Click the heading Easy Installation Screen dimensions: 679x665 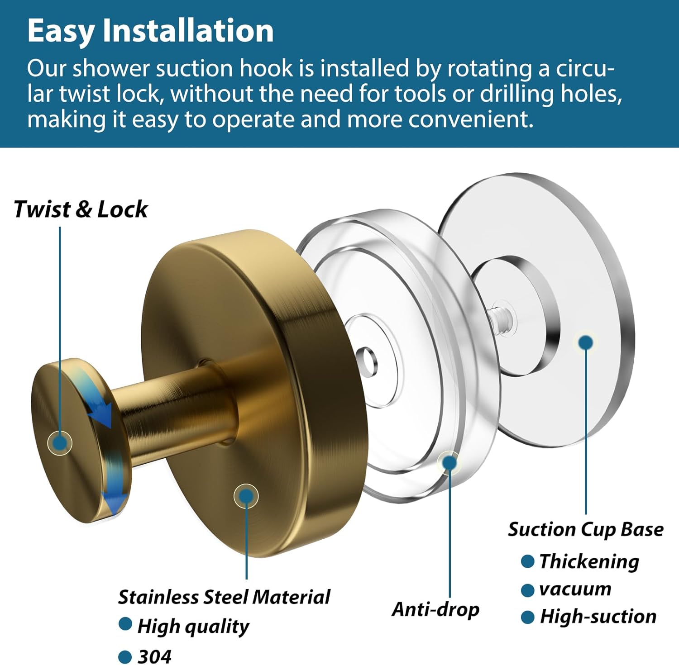tap(150, 31)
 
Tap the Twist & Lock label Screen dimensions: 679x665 tap(81, 209)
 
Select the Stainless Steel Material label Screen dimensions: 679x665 tap(224, 597)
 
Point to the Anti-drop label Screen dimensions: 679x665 tap(435, 609)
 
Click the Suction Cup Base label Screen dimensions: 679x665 tap(586, 529)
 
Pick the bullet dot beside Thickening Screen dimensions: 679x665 tap(527, 561)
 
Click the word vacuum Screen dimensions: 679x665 tap(575, 589)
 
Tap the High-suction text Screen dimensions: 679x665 tap(598, 617)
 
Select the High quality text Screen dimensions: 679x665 tap(193, 627)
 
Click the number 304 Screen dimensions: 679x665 tap(155, 656)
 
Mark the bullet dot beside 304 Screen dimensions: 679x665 tap(125, 656)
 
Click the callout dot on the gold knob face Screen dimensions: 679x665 tap(59, 442)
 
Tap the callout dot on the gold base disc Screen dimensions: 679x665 tap(246, 496)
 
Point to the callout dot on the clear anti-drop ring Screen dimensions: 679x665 tap(449, 462)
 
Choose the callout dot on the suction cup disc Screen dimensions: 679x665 tap(586, 342)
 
